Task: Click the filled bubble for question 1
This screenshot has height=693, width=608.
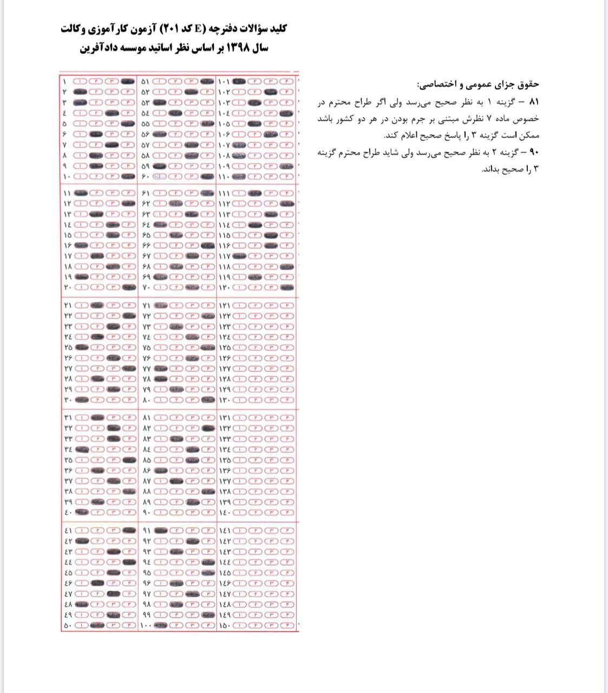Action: [128, 81]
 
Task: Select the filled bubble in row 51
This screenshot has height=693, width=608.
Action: [206, 81]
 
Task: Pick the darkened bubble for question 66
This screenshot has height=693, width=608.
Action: [206, 245]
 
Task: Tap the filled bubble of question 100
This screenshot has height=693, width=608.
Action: [160, 626]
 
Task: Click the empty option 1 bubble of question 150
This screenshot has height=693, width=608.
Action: [240, 626]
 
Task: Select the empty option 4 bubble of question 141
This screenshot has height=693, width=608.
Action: [287, 531]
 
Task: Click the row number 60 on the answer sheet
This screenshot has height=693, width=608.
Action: [145, 176]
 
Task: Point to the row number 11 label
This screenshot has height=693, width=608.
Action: [67, 193]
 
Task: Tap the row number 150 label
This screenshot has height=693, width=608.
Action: [224, 626]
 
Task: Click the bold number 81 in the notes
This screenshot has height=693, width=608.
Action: [534, 102]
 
